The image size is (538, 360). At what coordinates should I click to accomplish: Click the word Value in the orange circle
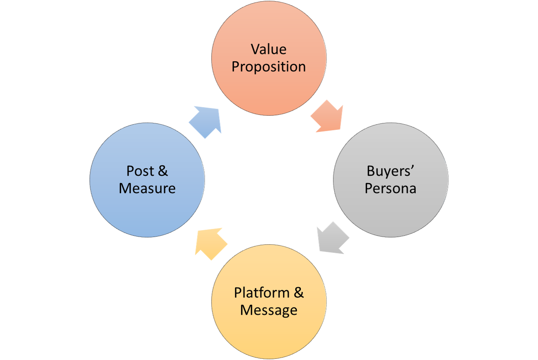268,49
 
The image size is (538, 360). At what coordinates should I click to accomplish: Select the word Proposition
268,67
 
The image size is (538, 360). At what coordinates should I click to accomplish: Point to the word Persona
390,189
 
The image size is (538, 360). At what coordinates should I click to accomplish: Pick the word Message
268,310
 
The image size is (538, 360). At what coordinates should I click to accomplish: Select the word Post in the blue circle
140,171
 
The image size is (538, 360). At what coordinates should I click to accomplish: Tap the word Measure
147,189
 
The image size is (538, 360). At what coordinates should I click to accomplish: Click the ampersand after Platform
298,293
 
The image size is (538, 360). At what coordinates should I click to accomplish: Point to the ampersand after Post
162,171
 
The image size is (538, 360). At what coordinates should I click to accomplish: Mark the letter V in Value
255,49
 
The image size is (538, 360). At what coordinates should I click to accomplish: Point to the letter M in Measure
125,189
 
